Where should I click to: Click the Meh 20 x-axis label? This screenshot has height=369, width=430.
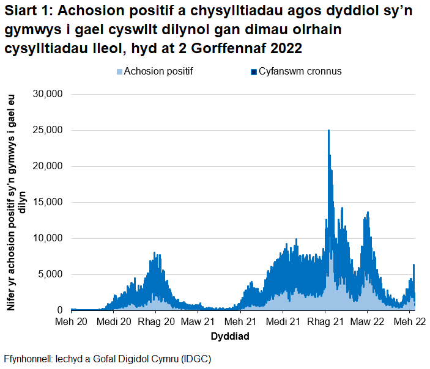71,321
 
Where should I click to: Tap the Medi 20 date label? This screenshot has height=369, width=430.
114,321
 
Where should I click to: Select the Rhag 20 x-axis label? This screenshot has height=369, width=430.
157,321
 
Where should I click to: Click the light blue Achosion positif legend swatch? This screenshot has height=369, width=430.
119,71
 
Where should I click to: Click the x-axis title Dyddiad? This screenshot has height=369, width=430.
229,337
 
